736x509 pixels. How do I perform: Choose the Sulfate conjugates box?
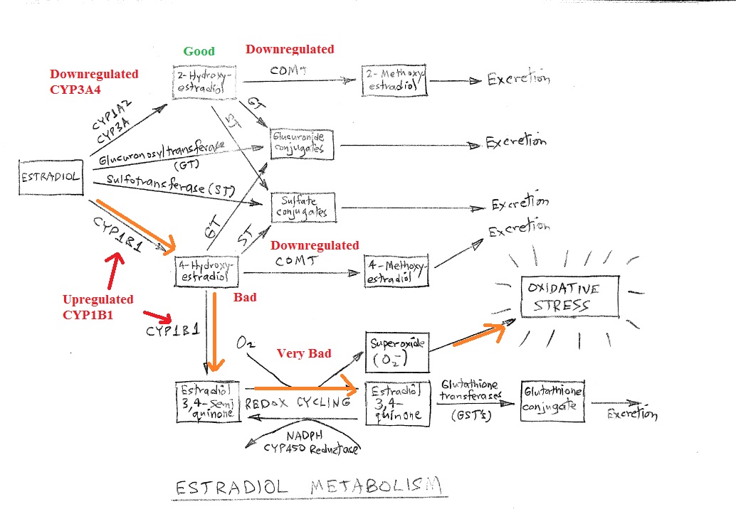(303, 206)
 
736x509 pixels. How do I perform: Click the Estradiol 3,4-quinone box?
(396, 403)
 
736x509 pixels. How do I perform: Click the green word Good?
(199, 51)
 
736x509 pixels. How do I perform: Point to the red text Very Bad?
(305, 353)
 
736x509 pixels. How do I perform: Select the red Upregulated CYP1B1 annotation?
(98, 306)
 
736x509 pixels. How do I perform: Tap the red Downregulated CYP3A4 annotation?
(94, 80)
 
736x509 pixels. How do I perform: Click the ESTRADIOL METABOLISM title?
(308, 488)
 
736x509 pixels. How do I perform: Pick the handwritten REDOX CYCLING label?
(298, 402)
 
